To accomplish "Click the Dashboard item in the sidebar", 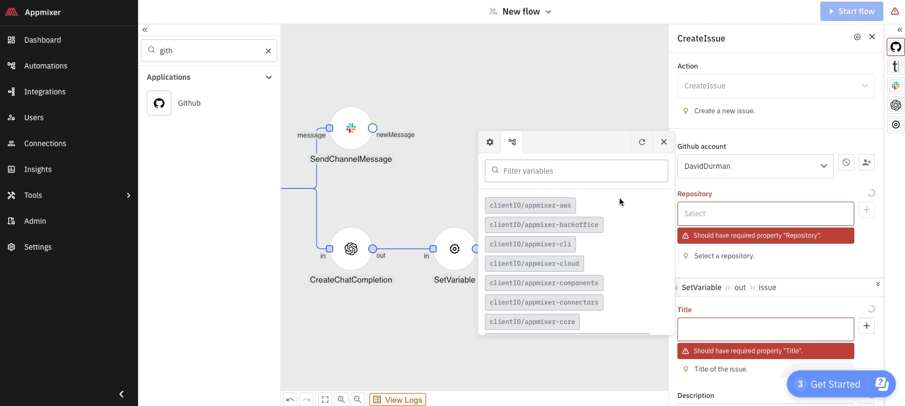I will [42, 40].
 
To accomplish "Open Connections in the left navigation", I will [45, 143].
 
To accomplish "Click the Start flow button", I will [852, 11].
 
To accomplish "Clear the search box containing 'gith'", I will [268, 51].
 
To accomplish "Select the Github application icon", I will [159, 103].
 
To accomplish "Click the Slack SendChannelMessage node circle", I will [351, 128].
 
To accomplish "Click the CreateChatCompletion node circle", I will [351, 249].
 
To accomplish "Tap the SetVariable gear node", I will [455, 249].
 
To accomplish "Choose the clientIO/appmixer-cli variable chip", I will [530, 244].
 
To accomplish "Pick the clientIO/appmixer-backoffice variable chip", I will [544, 225].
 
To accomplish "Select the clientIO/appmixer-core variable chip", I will [532, 322].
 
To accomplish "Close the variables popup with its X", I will [664, 142].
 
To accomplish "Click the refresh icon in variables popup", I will [642, 142].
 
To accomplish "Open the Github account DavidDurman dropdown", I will [755, 166].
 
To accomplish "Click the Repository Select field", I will [765, 214].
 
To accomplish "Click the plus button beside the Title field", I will [866, 326].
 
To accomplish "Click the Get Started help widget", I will [835, 384].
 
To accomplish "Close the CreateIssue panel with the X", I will [872, 37].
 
